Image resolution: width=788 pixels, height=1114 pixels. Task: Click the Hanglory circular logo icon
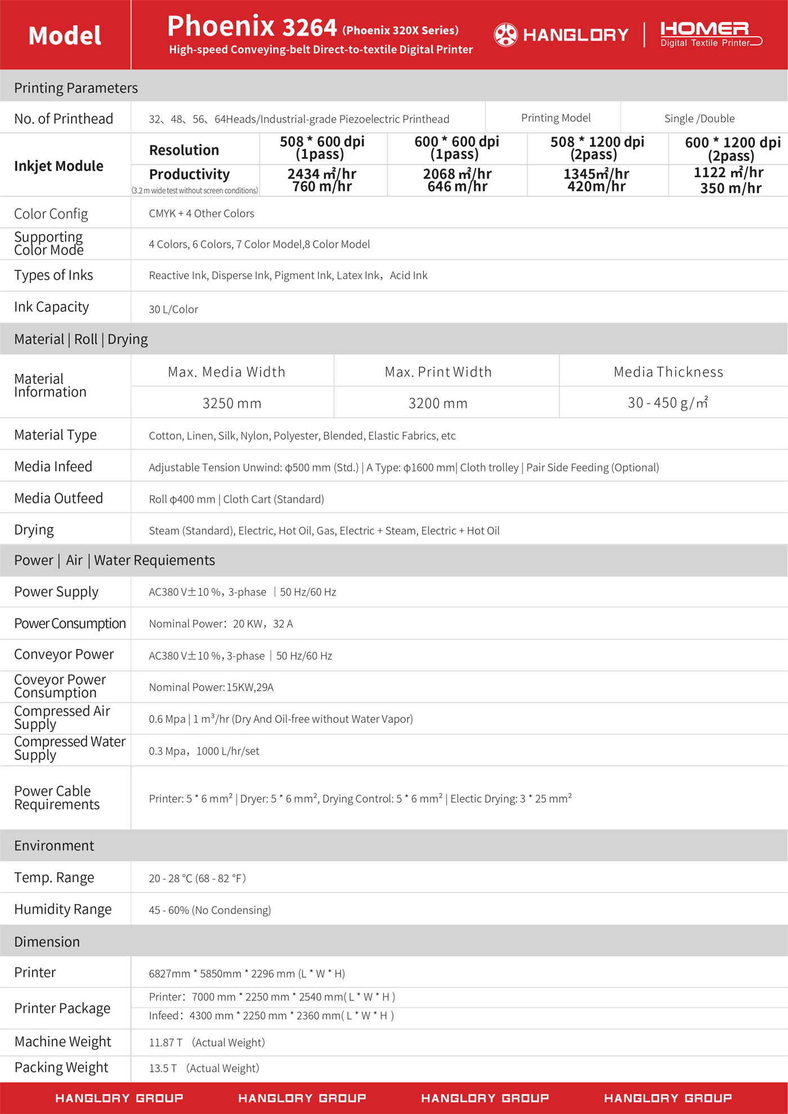click(505, 35)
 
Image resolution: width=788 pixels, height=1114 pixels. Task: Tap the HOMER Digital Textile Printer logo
click(710, 34)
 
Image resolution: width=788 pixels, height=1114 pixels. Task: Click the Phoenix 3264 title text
click(252, 27)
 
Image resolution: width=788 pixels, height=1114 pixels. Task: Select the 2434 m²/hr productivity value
click(322, 174)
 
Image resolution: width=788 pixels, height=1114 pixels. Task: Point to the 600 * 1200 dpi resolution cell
click(732, 149)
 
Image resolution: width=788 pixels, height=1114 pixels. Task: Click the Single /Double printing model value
click(699, 118)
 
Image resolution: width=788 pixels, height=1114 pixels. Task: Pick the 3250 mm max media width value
click(232, 403)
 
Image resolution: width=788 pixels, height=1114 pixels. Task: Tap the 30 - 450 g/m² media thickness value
click(668, 402)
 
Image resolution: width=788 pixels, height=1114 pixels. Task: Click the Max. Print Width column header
click(438, 372)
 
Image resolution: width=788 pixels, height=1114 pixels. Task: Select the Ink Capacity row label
click(52, 307)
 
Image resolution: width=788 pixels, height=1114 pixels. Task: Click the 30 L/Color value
click(173, 309)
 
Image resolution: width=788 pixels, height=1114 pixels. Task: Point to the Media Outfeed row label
click(59, 498)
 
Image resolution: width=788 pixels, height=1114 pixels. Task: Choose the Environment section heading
click(54, 845)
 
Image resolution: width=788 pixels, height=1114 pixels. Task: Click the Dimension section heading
click(47, 942)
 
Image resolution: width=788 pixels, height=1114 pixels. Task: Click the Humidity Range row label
click(63, 909)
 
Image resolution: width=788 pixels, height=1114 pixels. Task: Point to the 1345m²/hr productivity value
click(596, 174)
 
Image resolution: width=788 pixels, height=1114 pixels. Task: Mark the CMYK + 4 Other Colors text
click(202, 213)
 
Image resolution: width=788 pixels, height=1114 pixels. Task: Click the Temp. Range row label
click(54, 878)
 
